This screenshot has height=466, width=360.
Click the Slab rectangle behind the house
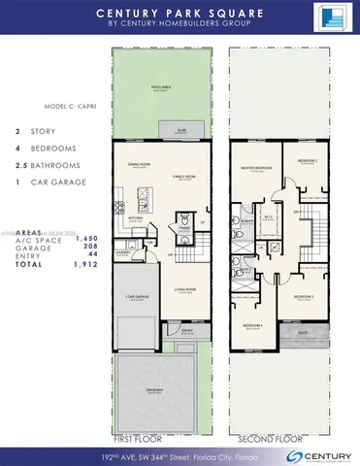coord(180,127)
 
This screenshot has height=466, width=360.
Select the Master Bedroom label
coord(254,167)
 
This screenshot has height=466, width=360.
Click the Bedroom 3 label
coord(304,295)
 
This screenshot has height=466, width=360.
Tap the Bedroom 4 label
coord(253,325)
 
